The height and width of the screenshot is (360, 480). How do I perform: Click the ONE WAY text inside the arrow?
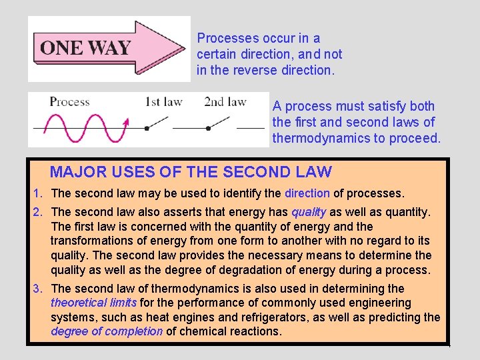click(x=85, y=48)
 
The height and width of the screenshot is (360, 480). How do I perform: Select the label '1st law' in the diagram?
click(x=163, y=102)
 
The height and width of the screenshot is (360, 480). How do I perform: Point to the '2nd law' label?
click(x=225, y=102)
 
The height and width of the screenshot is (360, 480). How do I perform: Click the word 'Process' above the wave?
click(x=69, y=102)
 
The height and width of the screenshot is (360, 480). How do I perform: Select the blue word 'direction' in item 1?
click(x=307, y=193)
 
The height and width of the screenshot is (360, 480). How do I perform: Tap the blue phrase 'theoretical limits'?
click(x=94, y=303)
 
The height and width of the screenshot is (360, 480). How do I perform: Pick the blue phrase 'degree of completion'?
click(x=107, y=331)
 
